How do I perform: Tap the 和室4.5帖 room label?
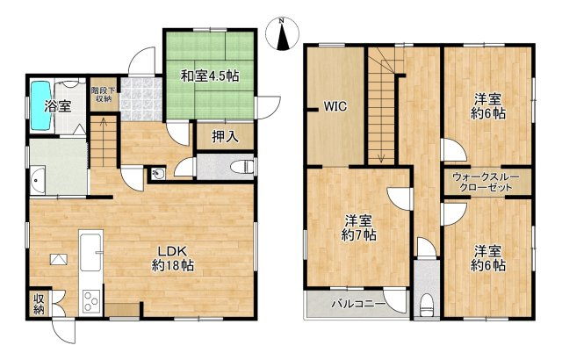point(209,76)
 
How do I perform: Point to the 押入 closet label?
point(224,136)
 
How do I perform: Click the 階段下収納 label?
point(101,94)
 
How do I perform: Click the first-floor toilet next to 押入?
point(244,166)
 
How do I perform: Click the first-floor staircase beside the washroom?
point(104,144)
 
